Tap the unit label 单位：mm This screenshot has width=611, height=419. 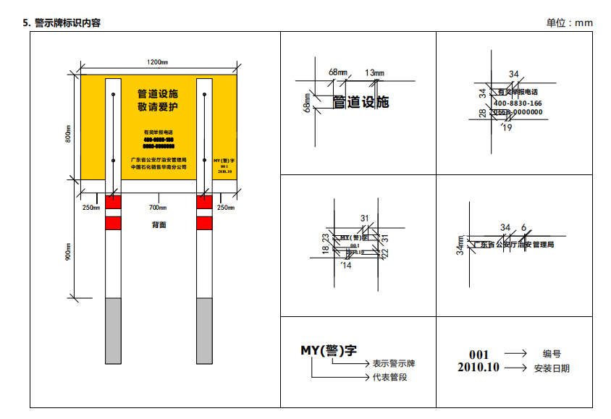pos(569,23)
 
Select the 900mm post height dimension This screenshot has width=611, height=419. pos(67,250)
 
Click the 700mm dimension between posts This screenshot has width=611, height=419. pos(158,208)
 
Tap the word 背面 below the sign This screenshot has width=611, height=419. pos(159,225)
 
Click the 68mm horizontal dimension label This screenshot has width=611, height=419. pos(337,72)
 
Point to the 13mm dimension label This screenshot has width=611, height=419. pos(374,72)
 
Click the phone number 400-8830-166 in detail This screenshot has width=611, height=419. pos(518,103)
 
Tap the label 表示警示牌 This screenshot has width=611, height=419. pos(394,363)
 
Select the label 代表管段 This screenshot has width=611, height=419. pos(389,377)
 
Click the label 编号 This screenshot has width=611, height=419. pos(552,354)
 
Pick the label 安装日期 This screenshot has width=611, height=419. pos(552,368)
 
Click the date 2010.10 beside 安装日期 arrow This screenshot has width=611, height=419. pos(479,368)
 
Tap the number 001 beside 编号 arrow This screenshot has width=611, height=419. pos(479,355)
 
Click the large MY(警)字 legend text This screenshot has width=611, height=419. pos(329,350)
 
